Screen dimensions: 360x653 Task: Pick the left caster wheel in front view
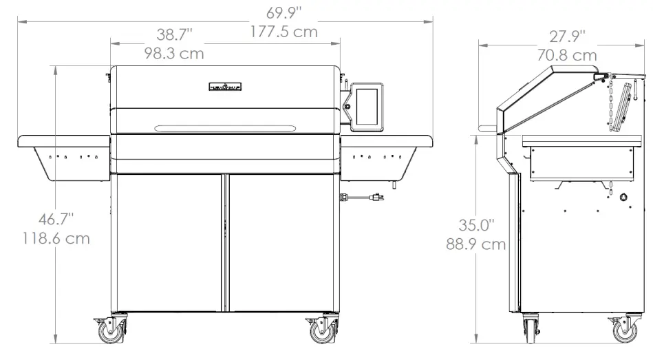pyautogui.click(x=111, y=332)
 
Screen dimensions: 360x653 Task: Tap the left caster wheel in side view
pyautogui.click(x=531, y=330)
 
